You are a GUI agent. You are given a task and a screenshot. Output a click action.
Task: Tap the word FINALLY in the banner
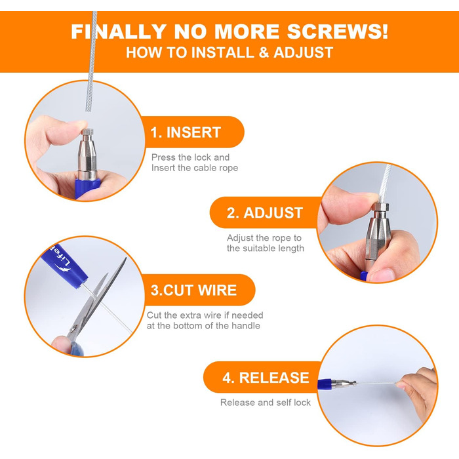pos(119,31)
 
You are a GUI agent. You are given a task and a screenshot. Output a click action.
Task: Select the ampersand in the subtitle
pos(264,52)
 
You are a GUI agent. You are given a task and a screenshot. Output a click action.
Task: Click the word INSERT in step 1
pos(193,132)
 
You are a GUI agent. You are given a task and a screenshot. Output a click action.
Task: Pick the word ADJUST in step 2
pos(273,213)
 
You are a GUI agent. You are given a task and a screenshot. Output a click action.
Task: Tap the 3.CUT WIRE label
pos(193,290)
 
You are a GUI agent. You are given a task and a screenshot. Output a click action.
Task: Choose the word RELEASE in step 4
pos(274,378)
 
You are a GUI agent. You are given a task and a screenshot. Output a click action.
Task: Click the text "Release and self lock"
pos(266,403)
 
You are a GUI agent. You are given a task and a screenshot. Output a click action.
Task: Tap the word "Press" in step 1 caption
pos(163,157)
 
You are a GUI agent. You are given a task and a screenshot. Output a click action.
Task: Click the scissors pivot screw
pos(74,328)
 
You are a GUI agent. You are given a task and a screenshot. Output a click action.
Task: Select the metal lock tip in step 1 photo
pos(87,132)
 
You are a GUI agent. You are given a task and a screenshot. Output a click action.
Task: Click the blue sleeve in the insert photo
pos(88,186)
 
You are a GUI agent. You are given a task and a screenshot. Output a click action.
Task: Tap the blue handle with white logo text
pos(65,266)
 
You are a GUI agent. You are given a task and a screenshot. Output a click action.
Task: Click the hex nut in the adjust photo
pos(380,208)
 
